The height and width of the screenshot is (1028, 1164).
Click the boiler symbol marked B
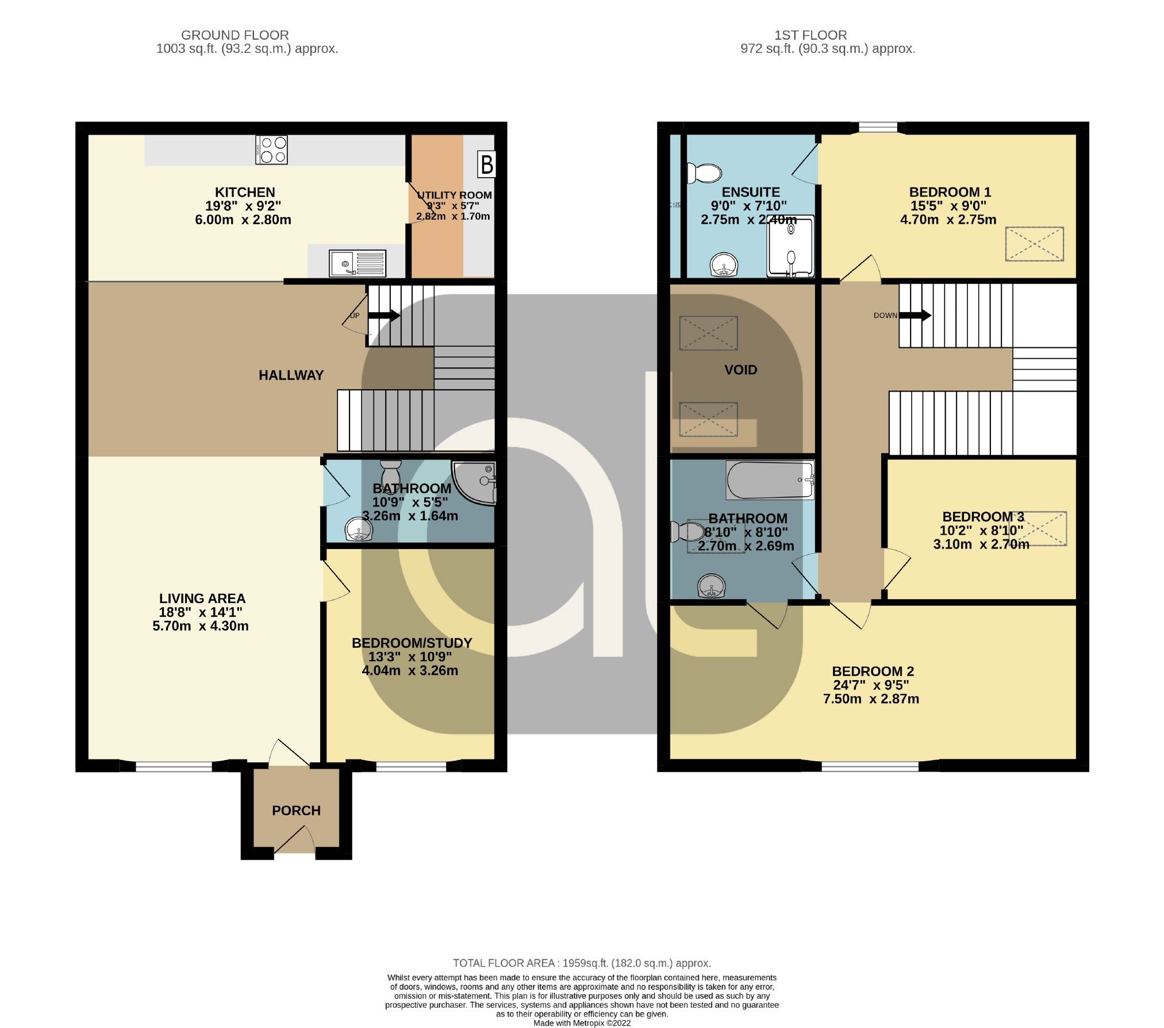(486, 164)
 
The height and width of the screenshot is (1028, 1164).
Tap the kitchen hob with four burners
(271, 149)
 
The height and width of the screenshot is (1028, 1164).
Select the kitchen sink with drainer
(358, 264)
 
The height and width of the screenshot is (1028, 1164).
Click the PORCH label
(296, 810)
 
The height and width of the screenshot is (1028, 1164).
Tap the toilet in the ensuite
(705, 172)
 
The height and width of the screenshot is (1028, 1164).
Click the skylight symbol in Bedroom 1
(1034, 244)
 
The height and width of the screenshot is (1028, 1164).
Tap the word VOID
(740, 370)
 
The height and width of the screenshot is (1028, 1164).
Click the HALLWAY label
(291, 375)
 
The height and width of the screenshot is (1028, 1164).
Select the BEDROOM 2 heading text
(873, 671)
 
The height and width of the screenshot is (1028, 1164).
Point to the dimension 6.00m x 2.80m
(243, 220)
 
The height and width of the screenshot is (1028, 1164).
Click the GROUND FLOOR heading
(235, 35)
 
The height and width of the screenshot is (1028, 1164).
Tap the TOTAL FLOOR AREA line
(582, 963)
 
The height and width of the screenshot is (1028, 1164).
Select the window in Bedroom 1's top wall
(877, 127)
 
